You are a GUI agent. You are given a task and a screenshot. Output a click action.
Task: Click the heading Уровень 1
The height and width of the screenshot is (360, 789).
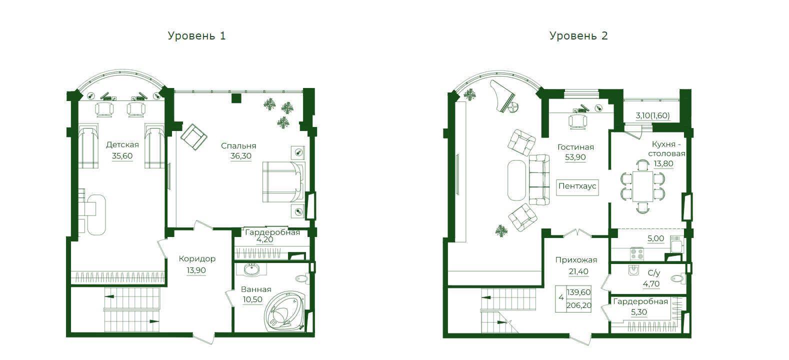tap(196, 36)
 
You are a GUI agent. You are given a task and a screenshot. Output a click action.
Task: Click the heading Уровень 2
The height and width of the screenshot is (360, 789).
tap(578, 36)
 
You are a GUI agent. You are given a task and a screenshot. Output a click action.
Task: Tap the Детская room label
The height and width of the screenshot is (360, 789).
tap(122, 145)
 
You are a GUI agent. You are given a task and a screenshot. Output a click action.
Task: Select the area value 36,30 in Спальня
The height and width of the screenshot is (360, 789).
tap(241, 156)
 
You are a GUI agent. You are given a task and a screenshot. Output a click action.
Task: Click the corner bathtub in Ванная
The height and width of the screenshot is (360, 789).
tap(284, 310)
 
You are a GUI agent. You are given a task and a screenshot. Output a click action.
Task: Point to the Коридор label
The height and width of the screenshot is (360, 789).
tap(197, 259)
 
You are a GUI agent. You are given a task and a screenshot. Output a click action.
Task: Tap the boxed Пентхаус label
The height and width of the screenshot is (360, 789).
tap(577, 186)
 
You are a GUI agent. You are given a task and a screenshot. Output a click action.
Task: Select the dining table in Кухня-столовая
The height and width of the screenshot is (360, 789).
tap(642, 186)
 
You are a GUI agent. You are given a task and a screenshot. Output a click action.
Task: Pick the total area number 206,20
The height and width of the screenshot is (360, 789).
tap(578, 305)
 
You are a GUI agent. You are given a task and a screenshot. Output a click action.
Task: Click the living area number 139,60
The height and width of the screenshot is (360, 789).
tap(578, 292)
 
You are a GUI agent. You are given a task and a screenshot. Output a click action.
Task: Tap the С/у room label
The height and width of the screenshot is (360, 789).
tap(653, 273)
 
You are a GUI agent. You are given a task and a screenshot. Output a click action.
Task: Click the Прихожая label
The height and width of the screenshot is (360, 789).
tap(576, 260)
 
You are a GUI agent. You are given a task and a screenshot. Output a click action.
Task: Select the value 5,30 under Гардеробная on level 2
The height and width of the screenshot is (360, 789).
tap(639, 312)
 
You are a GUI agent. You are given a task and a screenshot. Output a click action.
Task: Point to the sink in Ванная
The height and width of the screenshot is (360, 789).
tap(251, 270)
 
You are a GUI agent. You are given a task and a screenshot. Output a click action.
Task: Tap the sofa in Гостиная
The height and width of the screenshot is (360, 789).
tap(539, 179)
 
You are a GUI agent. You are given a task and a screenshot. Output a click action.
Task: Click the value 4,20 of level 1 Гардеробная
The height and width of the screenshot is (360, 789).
tap(264, 240)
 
